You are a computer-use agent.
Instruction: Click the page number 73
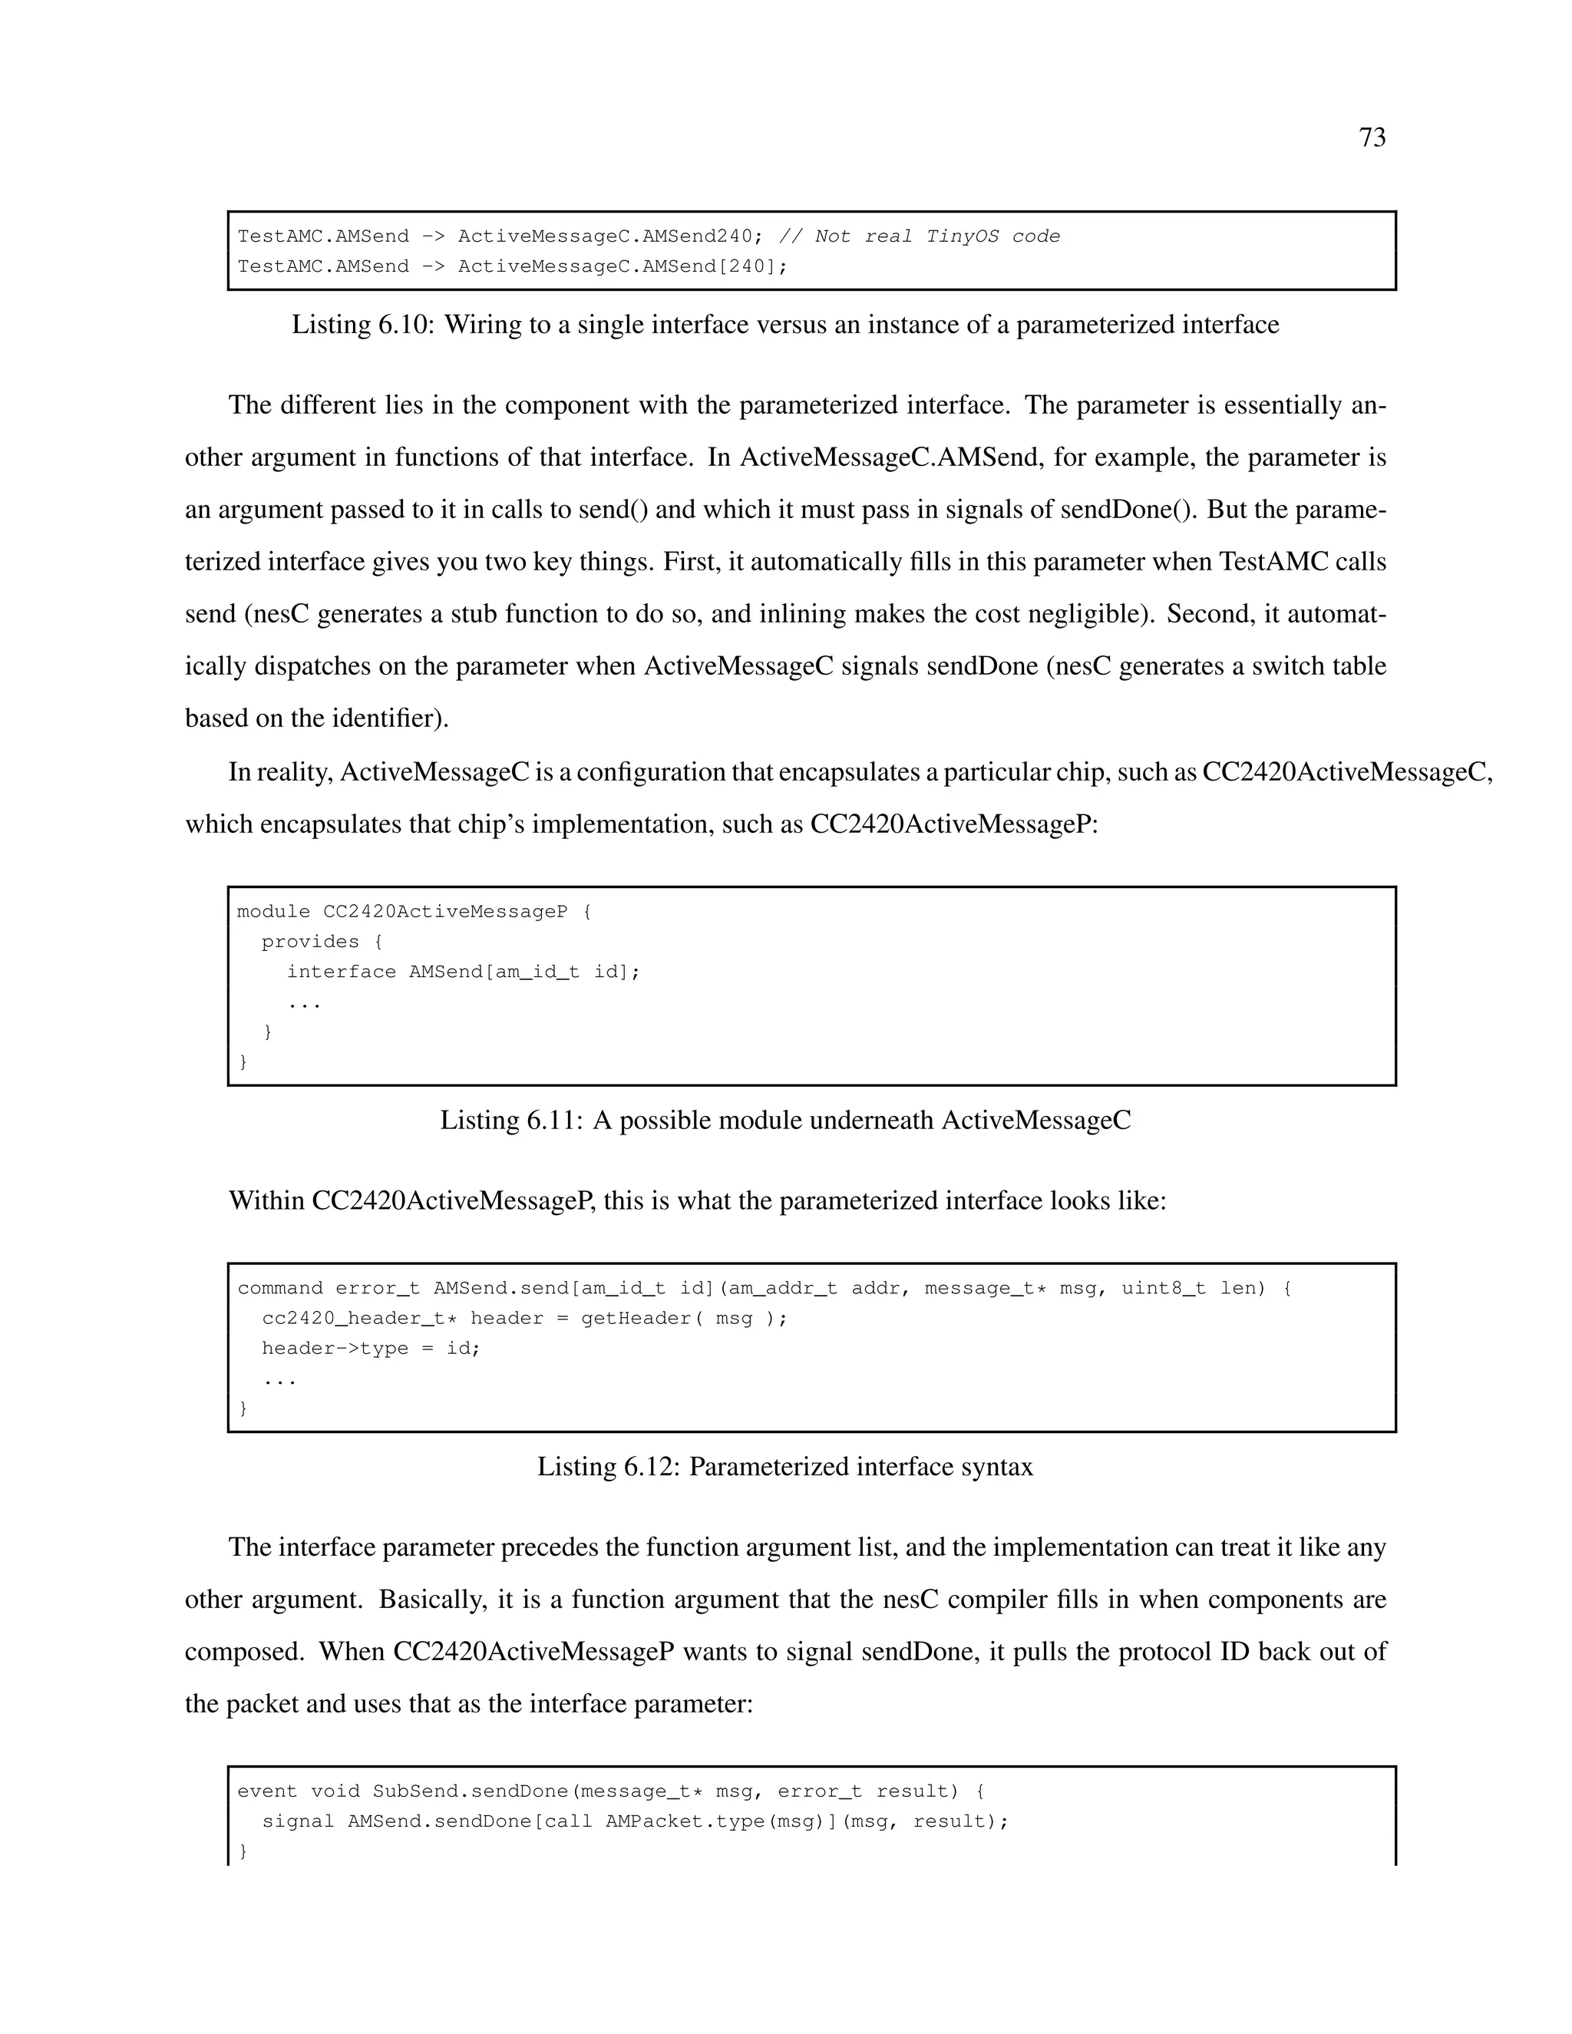coord(1372,138)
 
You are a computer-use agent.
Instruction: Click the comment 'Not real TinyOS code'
coord(937,236)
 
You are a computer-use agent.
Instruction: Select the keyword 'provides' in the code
coord(310,942)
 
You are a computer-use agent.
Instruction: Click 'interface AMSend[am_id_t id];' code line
coord(463,972)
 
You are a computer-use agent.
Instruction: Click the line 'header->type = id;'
coord(371,1349)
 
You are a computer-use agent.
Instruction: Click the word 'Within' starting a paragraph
coord(266,1201)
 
